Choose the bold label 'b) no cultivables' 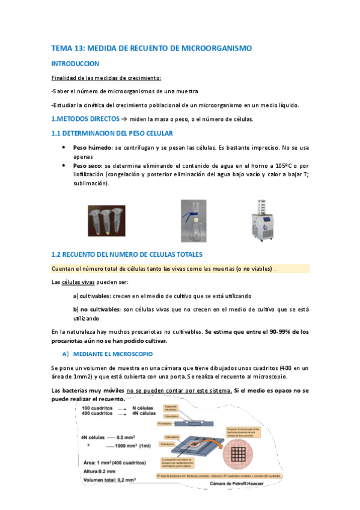point(97,309)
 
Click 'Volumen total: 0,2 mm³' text point(109,481)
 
